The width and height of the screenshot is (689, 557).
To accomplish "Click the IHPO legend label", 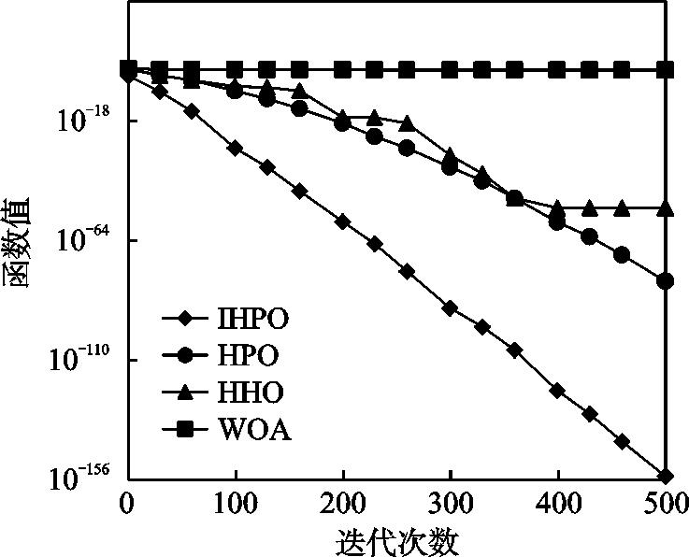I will click(x=252, y=319).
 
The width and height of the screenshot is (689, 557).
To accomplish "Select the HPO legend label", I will click(x=248, y=355).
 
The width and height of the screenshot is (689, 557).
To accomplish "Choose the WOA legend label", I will click(x=253, y=430).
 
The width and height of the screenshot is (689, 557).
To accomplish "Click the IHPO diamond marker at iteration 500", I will click(x=666, y=477).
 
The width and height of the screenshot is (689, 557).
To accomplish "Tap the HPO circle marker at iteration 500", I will click(x=666, y=280).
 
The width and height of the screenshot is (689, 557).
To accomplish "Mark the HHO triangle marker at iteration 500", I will click(x=666, y=207).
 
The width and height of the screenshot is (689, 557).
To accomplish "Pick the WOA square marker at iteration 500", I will click(x=666, y=70).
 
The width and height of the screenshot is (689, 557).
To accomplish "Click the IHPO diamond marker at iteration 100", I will click(x=235, y=149).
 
